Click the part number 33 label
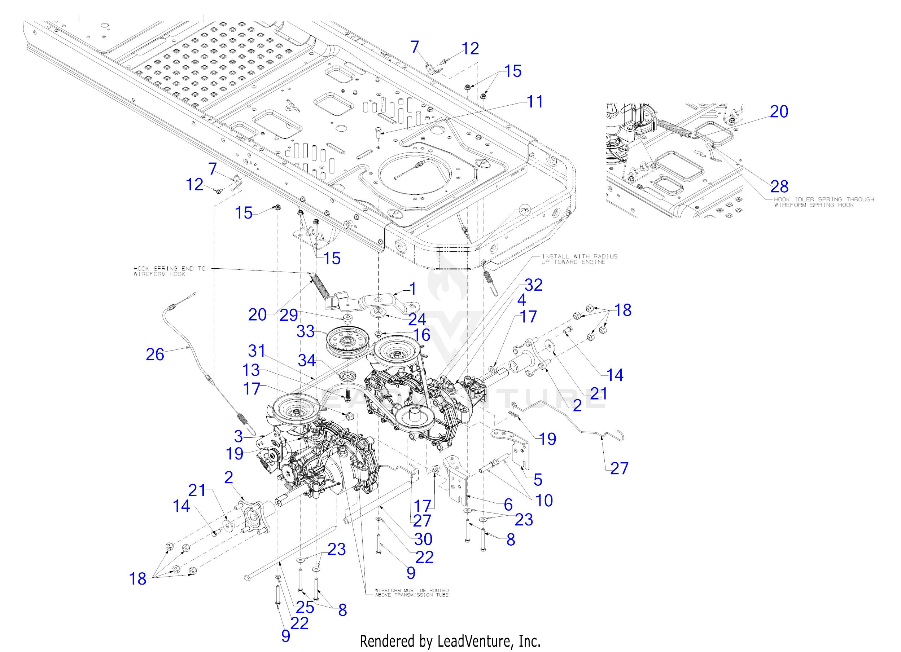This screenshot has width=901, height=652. (x=306, y=331)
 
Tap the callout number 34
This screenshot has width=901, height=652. (x=307, y=360)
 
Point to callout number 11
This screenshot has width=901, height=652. (x=535, y=102)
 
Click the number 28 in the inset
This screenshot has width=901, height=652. (x=779, y=186)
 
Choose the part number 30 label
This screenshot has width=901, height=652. (x=423, y=539)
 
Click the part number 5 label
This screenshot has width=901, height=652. (x=538, y=480)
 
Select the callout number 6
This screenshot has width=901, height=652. (x=508, y=505)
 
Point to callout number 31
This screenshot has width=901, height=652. (x=257, y=351)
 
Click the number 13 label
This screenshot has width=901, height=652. (x=251, y=370)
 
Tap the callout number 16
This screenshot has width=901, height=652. (x=421, y=335)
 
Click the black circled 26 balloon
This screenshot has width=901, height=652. (x=525, y=210)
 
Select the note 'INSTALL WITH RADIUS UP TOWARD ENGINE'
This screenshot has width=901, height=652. (x=579, y=259)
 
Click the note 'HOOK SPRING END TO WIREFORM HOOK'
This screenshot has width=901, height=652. (x=170, y=271)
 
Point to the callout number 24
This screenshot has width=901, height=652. (x=417, y=319)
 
